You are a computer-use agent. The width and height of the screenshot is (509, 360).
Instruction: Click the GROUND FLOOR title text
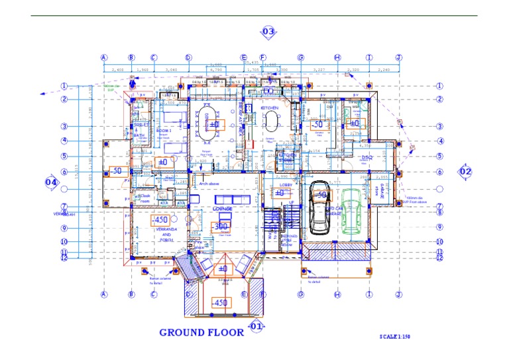tap(201, 332)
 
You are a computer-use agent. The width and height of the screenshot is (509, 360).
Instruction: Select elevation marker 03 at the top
tap(268, 32)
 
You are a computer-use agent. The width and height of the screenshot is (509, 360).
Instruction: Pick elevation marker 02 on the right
tap(465, 171)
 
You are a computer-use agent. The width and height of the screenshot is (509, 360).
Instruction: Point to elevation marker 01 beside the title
tap(256, 326)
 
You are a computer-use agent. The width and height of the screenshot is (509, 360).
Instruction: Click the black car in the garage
tap(319, 207)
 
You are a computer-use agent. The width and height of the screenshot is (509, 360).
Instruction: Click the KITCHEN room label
tap(269, 107)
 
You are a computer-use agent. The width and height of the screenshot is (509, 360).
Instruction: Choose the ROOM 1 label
tap(164, 131)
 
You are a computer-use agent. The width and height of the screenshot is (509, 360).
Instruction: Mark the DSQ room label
tap(367, 157)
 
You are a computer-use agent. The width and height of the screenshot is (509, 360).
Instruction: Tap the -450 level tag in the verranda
tap(160, 219)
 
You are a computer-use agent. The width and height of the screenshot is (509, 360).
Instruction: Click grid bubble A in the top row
tap(104, 58)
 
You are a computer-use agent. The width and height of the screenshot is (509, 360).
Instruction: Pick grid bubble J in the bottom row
tap(398, 294)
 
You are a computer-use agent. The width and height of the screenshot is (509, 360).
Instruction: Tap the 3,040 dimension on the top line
tap(171, 69)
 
